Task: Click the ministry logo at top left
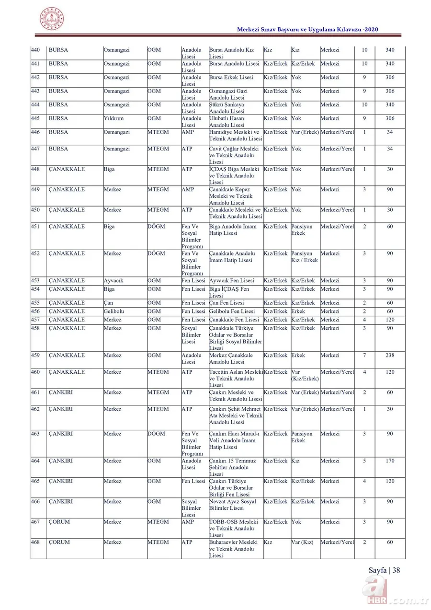coord(52,19)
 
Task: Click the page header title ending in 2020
coord(307,30)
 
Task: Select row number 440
coord(35,50)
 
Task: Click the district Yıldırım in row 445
coord(113,118)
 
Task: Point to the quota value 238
coord(390,356)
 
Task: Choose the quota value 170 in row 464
coord(390,461)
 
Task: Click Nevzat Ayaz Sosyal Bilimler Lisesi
coord(233,505)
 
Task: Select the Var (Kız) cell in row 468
coord(302,542)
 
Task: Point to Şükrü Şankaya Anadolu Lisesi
coord(227,108)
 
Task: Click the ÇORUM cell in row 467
coord(59,522)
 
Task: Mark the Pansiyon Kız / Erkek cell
coord(304,257)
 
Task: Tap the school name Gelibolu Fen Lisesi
coord(232,311)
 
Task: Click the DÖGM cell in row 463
coord(156,434)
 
